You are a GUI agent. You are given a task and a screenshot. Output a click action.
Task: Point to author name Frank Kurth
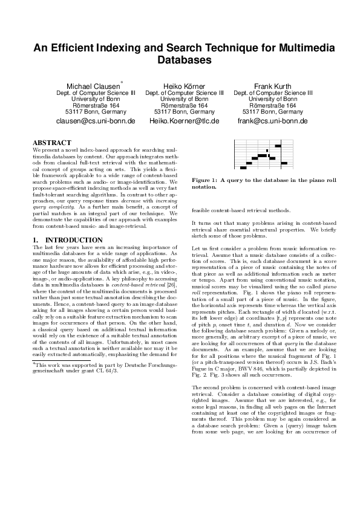coord(273,86)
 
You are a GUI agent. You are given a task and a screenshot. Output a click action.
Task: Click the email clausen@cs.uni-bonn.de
coord(96,121)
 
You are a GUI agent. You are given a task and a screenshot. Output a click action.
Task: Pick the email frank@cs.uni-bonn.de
coord(273,121)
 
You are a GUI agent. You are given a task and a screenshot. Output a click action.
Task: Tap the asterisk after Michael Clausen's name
coord(122,82)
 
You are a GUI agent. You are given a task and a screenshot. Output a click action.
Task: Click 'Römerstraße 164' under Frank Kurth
coord(273,105)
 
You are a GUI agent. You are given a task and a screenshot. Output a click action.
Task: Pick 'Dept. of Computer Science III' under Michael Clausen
coord(96,93)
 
